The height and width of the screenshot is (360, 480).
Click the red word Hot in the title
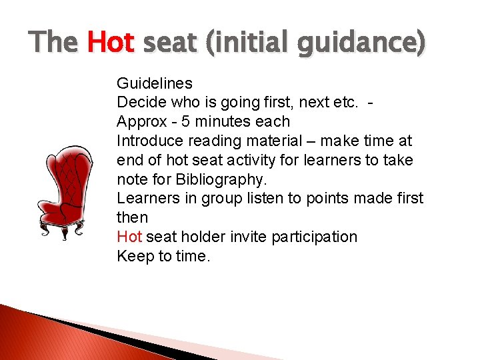pos(111,43)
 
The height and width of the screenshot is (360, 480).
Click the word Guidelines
pos(155,83)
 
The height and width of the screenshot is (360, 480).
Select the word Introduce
pos(148,141)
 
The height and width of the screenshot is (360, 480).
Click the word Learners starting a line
pos(145,199)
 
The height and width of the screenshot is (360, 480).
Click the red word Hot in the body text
pos(129,237)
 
